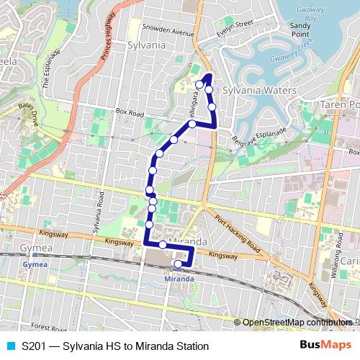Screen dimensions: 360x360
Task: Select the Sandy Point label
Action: click(300, 29)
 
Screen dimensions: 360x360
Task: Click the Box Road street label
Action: click(130, 112)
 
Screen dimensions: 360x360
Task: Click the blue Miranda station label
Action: click(179, 279)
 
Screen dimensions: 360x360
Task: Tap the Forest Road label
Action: click(49, 327)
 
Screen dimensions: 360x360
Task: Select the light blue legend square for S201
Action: click(10, 346)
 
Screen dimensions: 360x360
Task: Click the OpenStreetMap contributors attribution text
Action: click(297, 323)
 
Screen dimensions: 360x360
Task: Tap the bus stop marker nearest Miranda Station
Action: click(178, 264)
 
